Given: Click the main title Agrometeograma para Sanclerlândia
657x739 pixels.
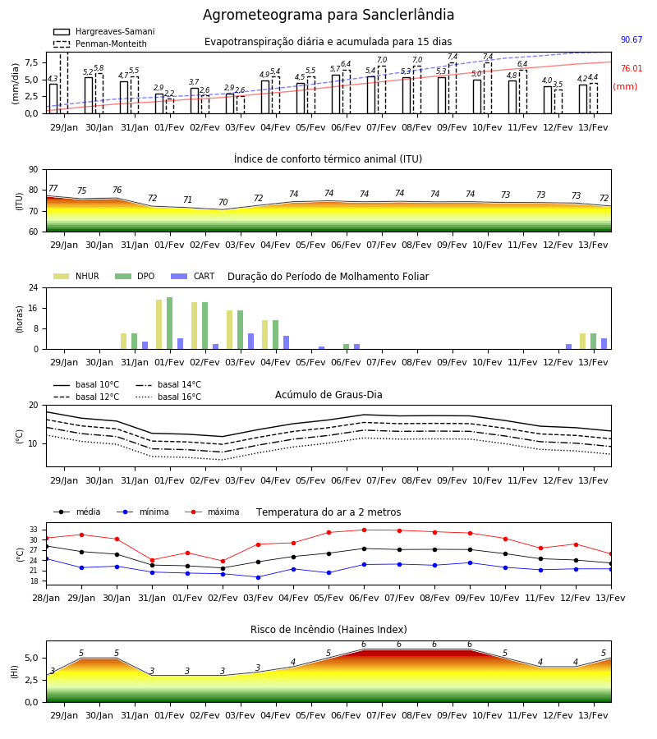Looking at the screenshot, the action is [x=328, y=15].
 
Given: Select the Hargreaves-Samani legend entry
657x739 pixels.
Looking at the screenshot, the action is [x=103, y=31].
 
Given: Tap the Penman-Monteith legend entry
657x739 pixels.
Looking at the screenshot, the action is [x=100, y=44].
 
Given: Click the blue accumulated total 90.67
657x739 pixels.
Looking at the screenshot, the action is [x=632, y=39].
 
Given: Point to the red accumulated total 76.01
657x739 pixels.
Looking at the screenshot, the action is [x=632, y=68].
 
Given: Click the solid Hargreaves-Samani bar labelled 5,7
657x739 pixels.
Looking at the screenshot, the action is [x=336, y=94].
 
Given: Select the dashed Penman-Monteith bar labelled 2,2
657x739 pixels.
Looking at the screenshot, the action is [x=170, y=106].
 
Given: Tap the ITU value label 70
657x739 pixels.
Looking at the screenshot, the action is [x=223, y=202].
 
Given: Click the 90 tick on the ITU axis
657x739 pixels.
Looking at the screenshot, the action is [x=34, y=170].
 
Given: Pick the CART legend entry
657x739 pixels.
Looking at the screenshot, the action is [x=192, y=276].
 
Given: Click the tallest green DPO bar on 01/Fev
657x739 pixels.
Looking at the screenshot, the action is [x=170, y=324].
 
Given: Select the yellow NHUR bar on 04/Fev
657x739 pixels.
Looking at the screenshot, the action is [x=265, y=335].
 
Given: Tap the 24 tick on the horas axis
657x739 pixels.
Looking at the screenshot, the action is [x=34, y=287].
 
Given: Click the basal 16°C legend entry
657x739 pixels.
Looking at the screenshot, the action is [x=168, y=397].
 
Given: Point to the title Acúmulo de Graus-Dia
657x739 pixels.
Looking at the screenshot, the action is [x=328, y=395].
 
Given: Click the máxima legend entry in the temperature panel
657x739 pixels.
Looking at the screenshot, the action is [x=212, y=512].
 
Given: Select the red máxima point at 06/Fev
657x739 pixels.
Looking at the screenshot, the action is [x=365, y=530].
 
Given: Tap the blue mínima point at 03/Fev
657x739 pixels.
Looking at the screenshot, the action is [x=258, y=577].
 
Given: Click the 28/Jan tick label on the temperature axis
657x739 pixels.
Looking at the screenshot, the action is [x=46, y=598].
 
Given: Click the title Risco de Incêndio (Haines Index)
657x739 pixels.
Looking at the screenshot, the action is [x=328, y=630].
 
